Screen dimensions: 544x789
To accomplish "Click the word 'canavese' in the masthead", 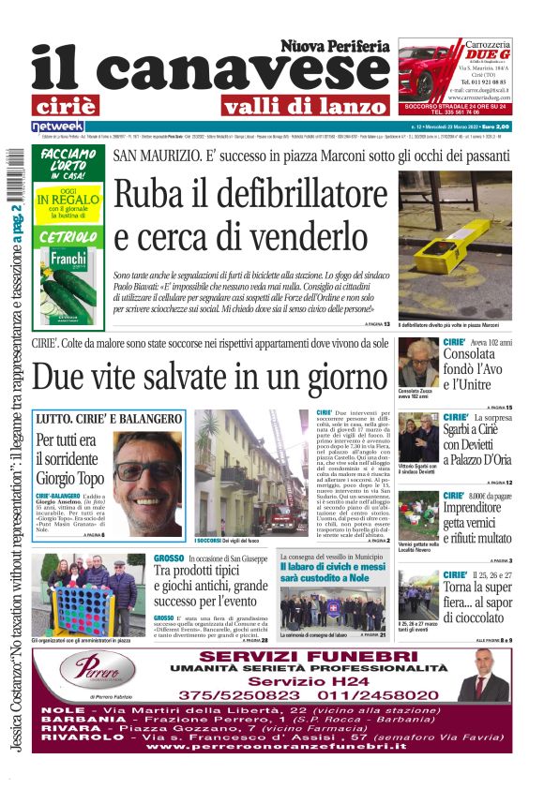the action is click(x=234, y=70).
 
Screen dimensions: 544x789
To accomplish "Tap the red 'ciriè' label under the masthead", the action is click(x=77, y=105).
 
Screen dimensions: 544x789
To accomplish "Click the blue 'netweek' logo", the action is click(x=58, y=126).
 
